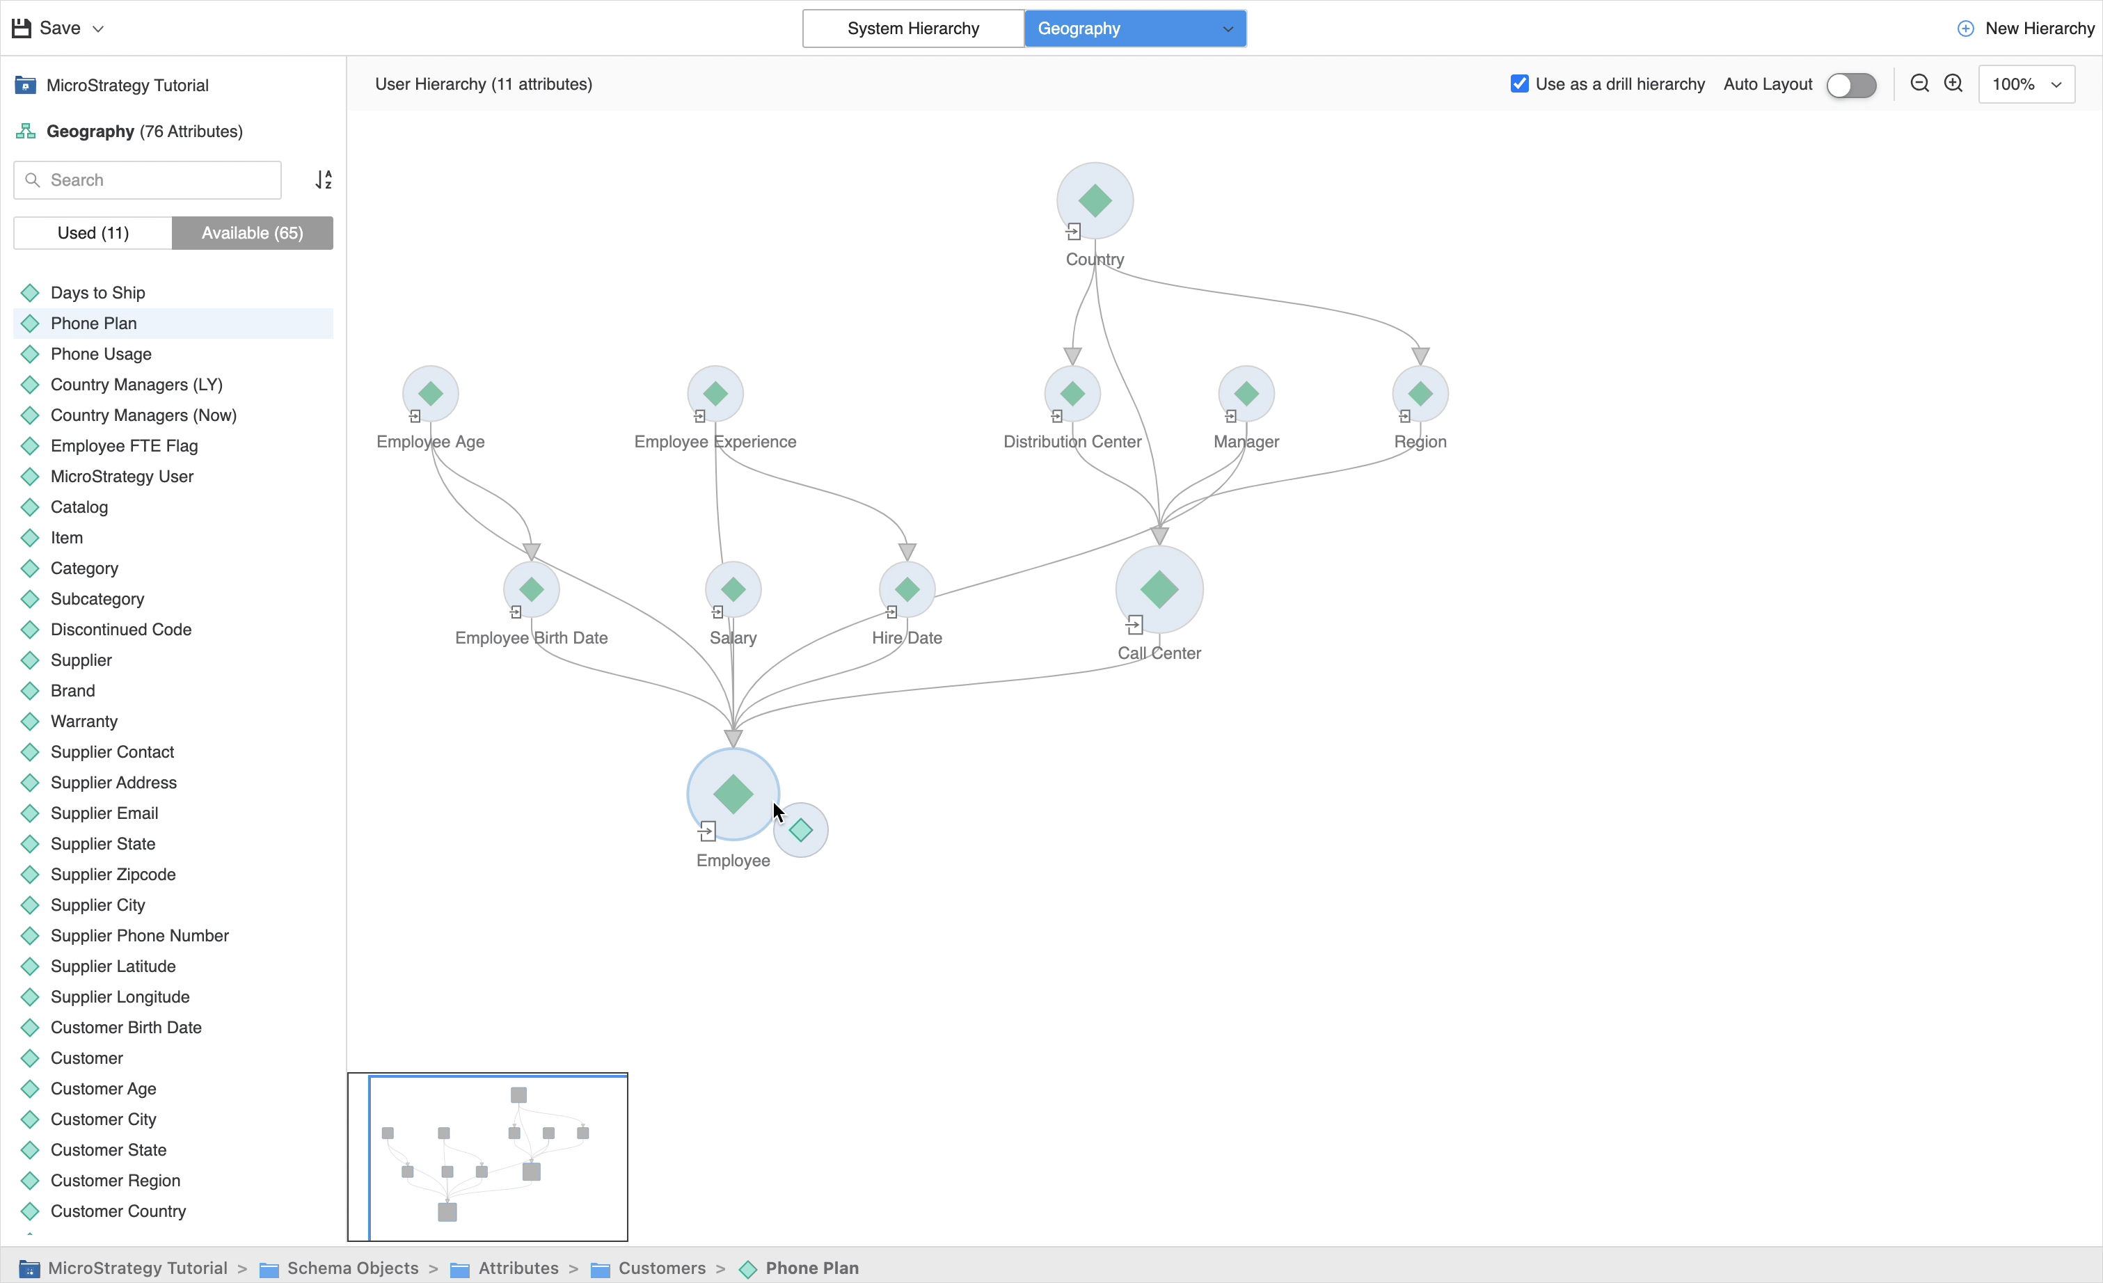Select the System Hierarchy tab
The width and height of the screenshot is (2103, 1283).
pos(912,28)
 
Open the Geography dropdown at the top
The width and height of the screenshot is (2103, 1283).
pos(1134,28)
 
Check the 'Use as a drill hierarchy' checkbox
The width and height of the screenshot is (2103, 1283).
pos(1519,83)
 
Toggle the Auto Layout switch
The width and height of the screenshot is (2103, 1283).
pos(1850,84)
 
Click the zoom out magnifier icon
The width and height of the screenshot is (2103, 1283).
pos(1919,83)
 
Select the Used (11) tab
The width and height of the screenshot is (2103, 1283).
pos(93,233)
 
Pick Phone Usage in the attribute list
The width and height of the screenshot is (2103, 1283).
pos(101,354)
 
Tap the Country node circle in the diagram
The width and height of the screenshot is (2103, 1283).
pos(1095,200)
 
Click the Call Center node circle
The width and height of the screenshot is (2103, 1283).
pos(1159,589)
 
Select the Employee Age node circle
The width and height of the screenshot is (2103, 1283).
pos(431,394)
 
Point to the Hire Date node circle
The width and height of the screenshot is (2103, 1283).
pos(907,589)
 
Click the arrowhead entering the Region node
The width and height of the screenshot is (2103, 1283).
pos(1420,356)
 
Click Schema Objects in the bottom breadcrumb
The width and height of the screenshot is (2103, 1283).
pos(353,1268)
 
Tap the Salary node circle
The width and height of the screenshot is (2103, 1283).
pos(733,589)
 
